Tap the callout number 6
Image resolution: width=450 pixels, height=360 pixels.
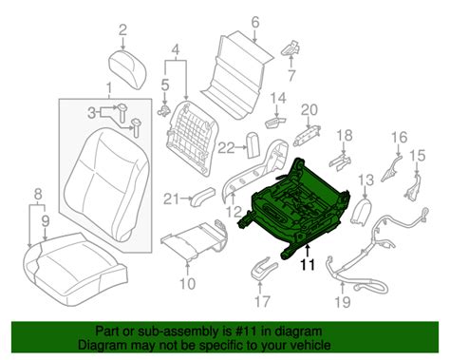[x=255, y=22]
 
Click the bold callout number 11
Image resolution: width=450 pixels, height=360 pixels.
[x=308, y=264]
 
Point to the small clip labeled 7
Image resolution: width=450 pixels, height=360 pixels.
[x=291, y=48]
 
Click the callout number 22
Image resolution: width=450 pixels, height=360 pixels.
[x=227, y=148]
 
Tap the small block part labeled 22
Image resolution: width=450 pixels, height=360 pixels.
[x=253, y=144]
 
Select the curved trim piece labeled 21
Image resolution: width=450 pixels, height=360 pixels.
[x=203, y=196]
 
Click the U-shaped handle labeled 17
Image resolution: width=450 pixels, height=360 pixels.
[x=264, y=268]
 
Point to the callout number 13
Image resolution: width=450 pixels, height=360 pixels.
[x=366, y=180]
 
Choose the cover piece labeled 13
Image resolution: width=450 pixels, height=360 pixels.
[x=361, y=211]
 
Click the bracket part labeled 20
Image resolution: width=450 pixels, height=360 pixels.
[x=308, y=135]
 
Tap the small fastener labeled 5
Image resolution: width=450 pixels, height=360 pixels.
[x=164, y=110]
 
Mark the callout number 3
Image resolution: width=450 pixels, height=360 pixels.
[x=91, y=113]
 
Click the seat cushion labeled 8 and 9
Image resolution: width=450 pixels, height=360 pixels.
[x=76, y=267]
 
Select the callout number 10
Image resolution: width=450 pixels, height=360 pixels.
[x=187, y=284]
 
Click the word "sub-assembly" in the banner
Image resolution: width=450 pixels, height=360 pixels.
[x=178, y=332]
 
